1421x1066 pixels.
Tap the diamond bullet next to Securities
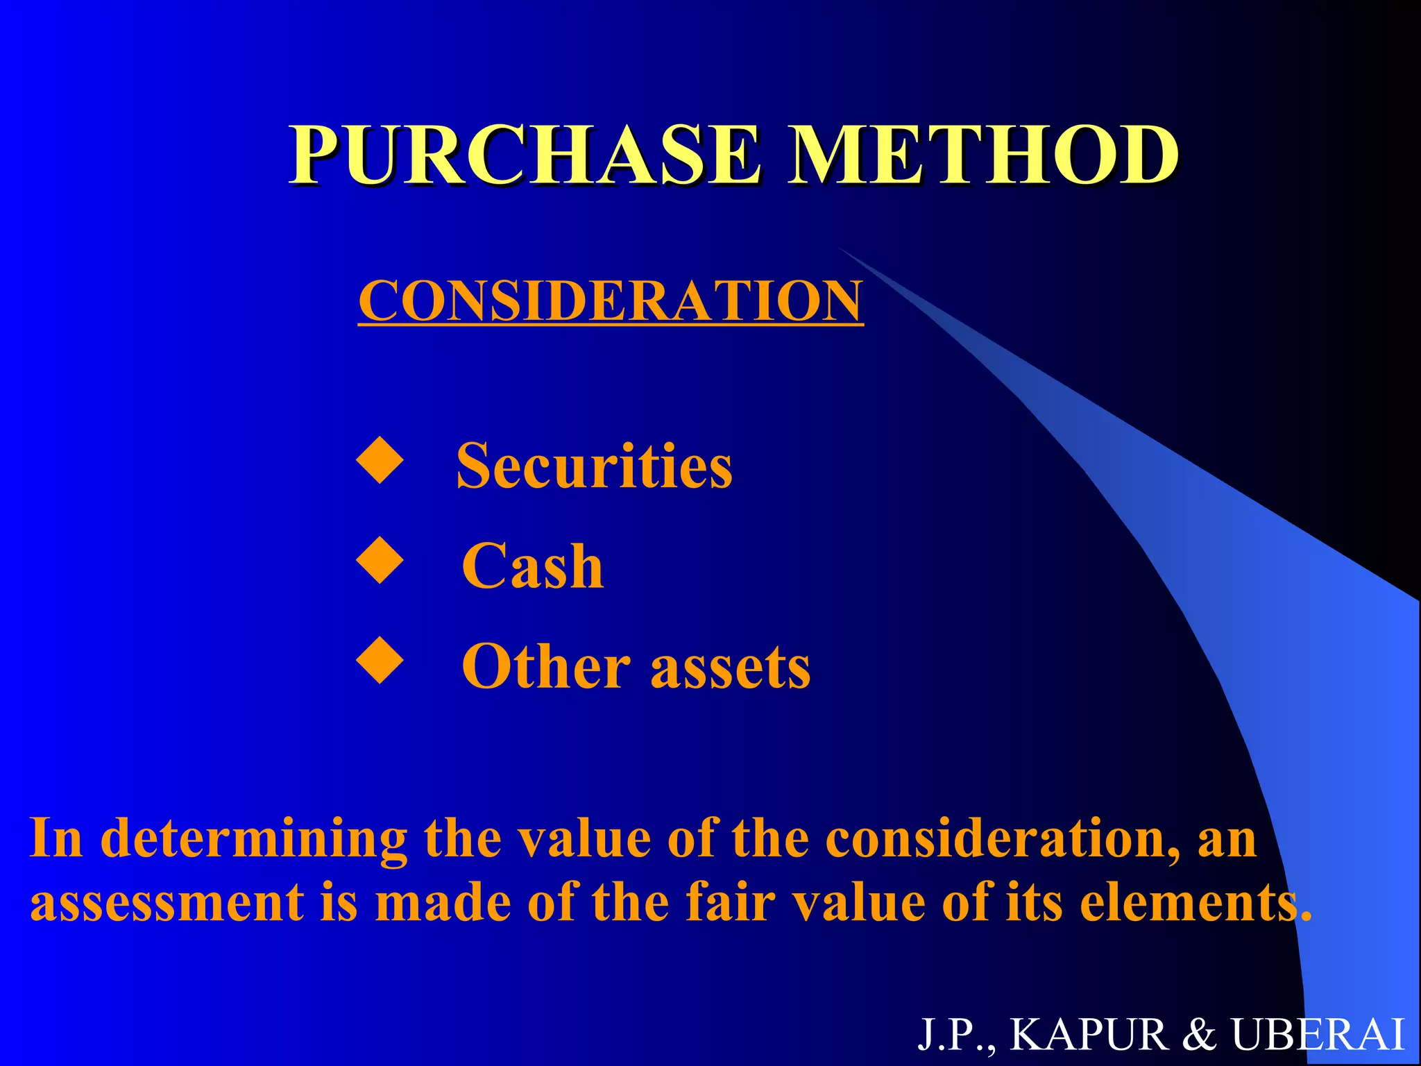point(380,460)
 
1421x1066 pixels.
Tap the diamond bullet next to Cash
point(380,560)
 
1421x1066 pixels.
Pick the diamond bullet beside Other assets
point(380,661)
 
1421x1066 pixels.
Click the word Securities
point(594,466)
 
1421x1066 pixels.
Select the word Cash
point(532,566)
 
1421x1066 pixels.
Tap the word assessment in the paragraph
point(167,902)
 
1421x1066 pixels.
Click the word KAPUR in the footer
point(1089,1035)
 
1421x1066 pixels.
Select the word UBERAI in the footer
point(1318,1035)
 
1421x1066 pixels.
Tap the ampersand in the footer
point(1200,1035)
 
